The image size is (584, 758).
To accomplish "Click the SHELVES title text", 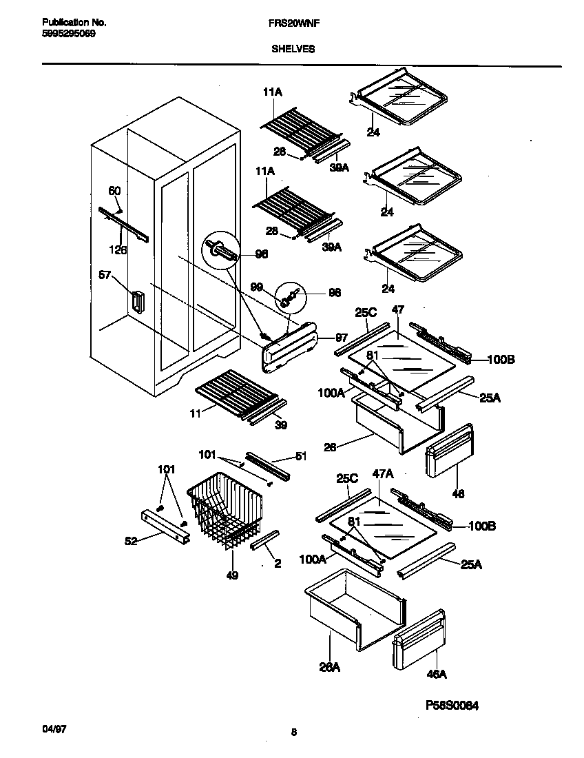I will coord(293,49).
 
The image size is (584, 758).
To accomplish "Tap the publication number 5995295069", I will coord(63,32).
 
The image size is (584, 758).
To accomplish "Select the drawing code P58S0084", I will coord(446,705).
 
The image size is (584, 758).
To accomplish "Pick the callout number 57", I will coord(105,275).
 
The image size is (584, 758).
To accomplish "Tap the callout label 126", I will coord(118,250).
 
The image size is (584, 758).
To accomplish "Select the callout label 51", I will coord(300,455).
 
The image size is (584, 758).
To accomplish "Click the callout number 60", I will coord(114,191).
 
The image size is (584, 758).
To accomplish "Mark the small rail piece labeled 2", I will coord(263,540).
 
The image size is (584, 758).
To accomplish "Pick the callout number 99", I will coord(256,286).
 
